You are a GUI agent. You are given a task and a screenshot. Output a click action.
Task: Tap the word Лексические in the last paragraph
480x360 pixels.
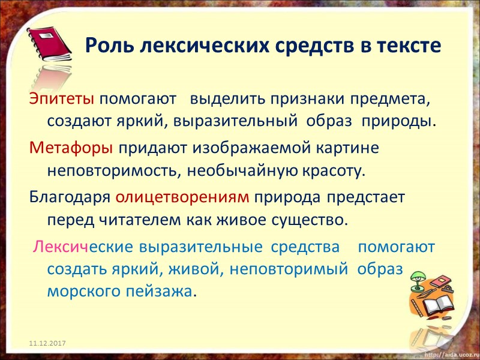pyautogui.click(x=83, y=247)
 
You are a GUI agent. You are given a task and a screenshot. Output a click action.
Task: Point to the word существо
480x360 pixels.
pyautogui.click(x=313, y=220)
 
